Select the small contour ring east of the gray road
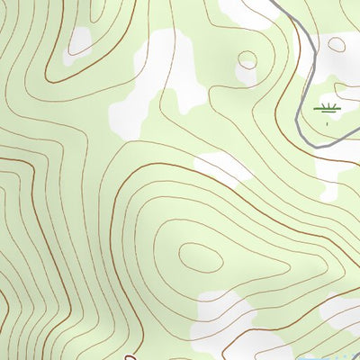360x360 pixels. click(x=341, y=42)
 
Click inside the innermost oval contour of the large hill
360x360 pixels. click(x=200, y=257)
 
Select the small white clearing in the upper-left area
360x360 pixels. click(x=81, y=40)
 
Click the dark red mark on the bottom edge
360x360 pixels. click(x=130, y=356)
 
